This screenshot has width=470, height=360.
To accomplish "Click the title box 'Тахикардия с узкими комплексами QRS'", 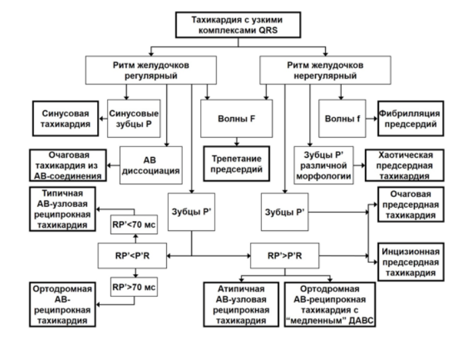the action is coord(238,25).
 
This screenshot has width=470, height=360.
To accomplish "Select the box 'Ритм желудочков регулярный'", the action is coord(151,70).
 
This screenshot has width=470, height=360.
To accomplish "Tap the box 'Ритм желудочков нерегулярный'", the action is coord(325,70).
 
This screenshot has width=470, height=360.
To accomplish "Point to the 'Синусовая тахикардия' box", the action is coord(65,118).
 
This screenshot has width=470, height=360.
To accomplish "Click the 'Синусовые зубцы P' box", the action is coord(134,118).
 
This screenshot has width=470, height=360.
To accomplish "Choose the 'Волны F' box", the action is coord(237,118).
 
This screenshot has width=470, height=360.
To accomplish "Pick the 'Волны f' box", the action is coord(342,118).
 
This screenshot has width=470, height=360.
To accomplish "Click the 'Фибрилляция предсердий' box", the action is coord(411,118).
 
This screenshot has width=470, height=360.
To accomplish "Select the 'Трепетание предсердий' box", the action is coord(237,164).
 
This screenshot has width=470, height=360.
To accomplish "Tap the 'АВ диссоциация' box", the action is coord(151,165).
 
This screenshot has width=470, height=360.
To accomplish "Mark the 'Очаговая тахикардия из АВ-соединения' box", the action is coord(68,165).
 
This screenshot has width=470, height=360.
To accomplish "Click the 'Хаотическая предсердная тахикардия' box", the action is coord(404,165).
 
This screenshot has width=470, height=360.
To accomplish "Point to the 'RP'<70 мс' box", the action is coord(134,224).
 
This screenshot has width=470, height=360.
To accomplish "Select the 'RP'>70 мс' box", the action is coord(134,287).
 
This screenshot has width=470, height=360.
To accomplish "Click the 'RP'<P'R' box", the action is coord(132,256).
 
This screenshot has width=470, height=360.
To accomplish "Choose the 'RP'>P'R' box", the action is coord(285,256).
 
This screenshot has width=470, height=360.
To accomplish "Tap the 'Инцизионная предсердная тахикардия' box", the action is coord(411,262).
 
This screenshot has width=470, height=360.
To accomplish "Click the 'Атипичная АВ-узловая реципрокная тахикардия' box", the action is coord(241,305).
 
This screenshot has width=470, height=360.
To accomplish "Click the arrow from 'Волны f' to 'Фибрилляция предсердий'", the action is coord(372,118).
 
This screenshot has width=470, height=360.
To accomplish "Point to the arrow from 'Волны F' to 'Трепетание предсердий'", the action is coord(237,142).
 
